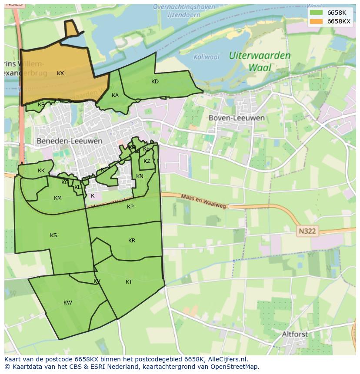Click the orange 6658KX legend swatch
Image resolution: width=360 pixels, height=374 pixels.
click(317, 21)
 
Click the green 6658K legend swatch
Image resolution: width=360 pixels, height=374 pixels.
click(317, 13)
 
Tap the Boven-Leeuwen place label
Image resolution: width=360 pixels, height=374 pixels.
click(236, 118)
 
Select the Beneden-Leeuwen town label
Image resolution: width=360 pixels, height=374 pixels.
click(70, 141)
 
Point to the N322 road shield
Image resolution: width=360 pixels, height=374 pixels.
click(307, 232)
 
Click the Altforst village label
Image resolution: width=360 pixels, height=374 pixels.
click(295, 334)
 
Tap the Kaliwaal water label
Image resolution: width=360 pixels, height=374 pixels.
click(207, 57)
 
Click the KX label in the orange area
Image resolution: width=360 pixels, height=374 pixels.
click(60, 73)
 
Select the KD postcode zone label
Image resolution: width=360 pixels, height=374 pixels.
click(155, 82)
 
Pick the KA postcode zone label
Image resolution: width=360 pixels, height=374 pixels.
click(115, 96)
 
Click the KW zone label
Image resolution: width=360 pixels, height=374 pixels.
click(68, 303)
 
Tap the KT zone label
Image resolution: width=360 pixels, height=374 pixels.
click(129, 282)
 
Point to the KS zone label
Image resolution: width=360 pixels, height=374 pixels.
click(53, 235)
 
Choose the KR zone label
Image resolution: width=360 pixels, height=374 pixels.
click(132, 241)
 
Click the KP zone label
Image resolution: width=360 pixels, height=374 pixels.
click(130, 207)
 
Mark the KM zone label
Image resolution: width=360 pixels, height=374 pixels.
click(58, 198)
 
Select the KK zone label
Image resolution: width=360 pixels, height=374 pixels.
click(41, 171)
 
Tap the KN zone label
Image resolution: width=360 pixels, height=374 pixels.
click(140, 176)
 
